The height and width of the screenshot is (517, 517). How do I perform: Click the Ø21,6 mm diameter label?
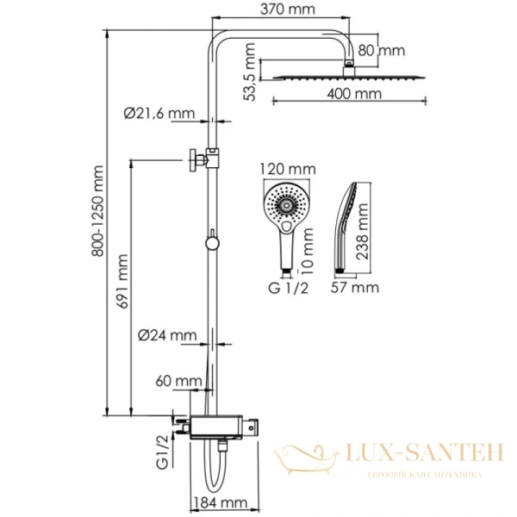(x=159, y=113)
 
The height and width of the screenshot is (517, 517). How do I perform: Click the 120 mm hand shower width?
(x=286, y=170)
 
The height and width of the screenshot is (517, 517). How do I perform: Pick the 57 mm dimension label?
(x=355, y=286)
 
